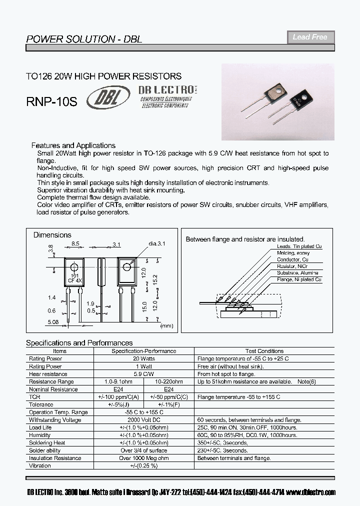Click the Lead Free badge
click(310, 37)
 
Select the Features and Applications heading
click(73, 145)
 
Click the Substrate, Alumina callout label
click(299, 273)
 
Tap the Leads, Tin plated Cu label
click(299, 247)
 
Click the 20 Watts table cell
click(143, 359)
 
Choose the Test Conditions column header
click(264, 351)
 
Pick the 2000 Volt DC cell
click(143, 420)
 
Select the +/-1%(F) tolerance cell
click(168, 404)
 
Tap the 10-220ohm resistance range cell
click(168, 382)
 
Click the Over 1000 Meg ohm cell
click(143, 458)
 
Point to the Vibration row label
click(40, 465)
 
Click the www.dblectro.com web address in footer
click(311, 492)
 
